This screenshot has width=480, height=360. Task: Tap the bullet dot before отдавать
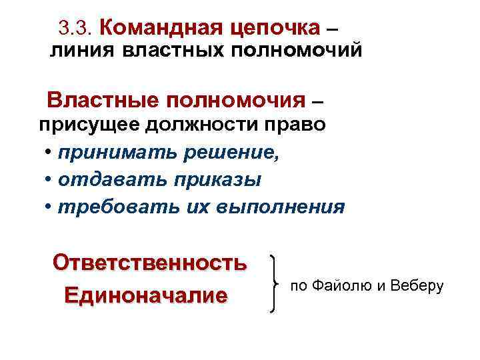point(49,181)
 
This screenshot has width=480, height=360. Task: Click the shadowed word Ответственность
point(149,262)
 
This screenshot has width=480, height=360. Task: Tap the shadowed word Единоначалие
point(145,295)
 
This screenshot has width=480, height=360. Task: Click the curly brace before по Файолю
point(275,283)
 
